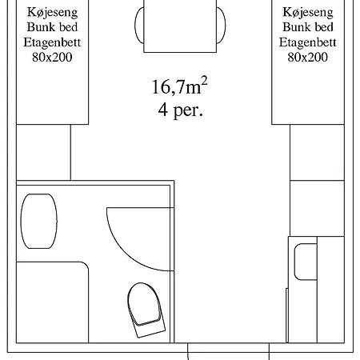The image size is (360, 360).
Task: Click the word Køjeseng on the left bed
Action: [x=52, y=13]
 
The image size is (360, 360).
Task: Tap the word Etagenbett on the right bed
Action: [x=308, y=42]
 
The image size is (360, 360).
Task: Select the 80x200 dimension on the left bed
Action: [x=52, y=57]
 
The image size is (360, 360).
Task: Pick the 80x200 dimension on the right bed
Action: [x=308, y=57]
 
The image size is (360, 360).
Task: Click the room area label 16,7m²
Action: [x=179, y=86]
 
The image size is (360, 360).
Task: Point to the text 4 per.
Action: [x=181, y=110]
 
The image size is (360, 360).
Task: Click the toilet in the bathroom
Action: [x=146, y=310]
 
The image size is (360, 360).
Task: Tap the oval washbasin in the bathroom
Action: [x=39, y=221]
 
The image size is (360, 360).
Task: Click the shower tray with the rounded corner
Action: [x=52, y=302]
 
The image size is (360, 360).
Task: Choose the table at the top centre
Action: [x=180, y=26]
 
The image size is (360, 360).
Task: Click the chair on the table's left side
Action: [x=139, y=25]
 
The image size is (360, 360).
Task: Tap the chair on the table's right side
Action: [x=221, y=26]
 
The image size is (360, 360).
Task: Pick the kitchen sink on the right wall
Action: [x=306, y=262]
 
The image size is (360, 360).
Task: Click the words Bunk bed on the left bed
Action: [x=52, y=27]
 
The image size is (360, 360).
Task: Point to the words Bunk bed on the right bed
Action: [x=308, y=27]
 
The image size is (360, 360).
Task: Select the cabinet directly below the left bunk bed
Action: [x=43, y=152]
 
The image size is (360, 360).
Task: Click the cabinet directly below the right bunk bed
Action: [x=317, y=152]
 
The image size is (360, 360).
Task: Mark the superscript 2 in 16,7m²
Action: [x=204, y=81]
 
